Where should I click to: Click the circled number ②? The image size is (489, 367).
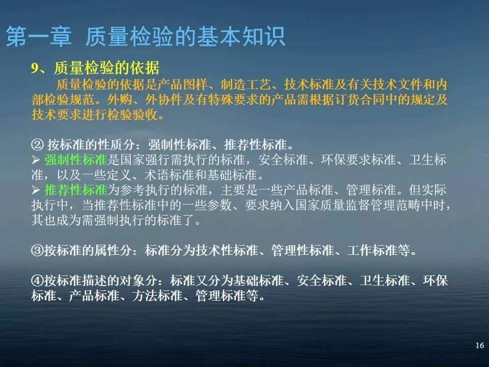36,144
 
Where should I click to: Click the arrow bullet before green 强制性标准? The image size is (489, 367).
35,160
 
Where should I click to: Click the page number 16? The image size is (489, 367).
479,346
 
